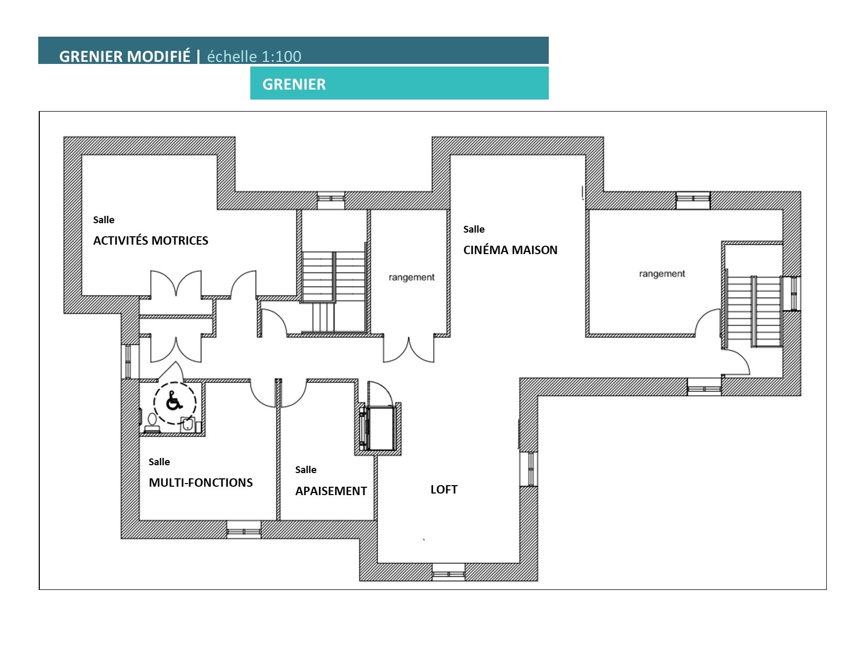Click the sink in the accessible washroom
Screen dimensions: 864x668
pos(187,424)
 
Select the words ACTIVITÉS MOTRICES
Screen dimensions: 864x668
pos(151,240)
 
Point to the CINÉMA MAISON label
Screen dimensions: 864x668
pos(510,250)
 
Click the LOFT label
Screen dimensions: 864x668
pos(444,489)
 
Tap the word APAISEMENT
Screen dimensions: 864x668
pos(331,491)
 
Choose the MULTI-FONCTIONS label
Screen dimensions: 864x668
pos(201,483)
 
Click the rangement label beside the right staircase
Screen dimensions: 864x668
pos(662,273)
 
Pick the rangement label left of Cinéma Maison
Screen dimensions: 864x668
pos(412,277)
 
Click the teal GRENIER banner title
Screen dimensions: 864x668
pos(294,84)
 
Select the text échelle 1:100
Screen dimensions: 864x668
pos(254,57)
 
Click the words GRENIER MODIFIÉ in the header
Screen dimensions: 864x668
pos(125,57)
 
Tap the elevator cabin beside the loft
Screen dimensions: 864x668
pos(381,428)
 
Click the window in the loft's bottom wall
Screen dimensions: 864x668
pos(449,572)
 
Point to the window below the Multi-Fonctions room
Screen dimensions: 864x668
pos(243,530)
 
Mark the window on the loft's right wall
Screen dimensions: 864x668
pos(529,469)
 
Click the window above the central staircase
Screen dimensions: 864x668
pos(331,200)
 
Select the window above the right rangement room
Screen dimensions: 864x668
pos(693,201)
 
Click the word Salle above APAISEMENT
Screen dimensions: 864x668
pos(306,470)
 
